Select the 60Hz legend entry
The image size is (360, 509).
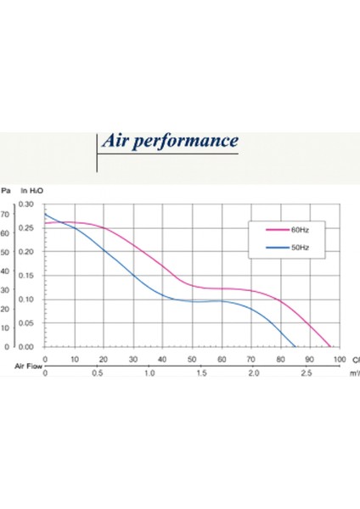[289, 230]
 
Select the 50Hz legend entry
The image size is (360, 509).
[289, 249]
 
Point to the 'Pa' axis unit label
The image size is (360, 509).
[5, 193]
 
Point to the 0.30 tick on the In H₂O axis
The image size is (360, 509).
[25, 204]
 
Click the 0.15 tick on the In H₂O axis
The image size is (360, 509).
[25, 276]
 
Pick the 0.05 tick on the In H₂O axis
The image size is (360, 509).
[25, 323]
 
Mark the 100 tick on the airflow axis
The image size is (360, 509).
[340, 359]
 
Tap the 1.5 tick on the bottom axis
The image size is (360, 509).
[201, 373]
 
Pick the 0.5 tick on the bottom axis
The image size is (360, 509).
[98, 373]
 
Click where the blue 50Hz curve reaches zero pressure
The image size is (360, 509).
[295, 347]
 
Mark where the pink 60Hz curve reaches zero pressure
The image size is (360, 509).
[330, 347]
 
